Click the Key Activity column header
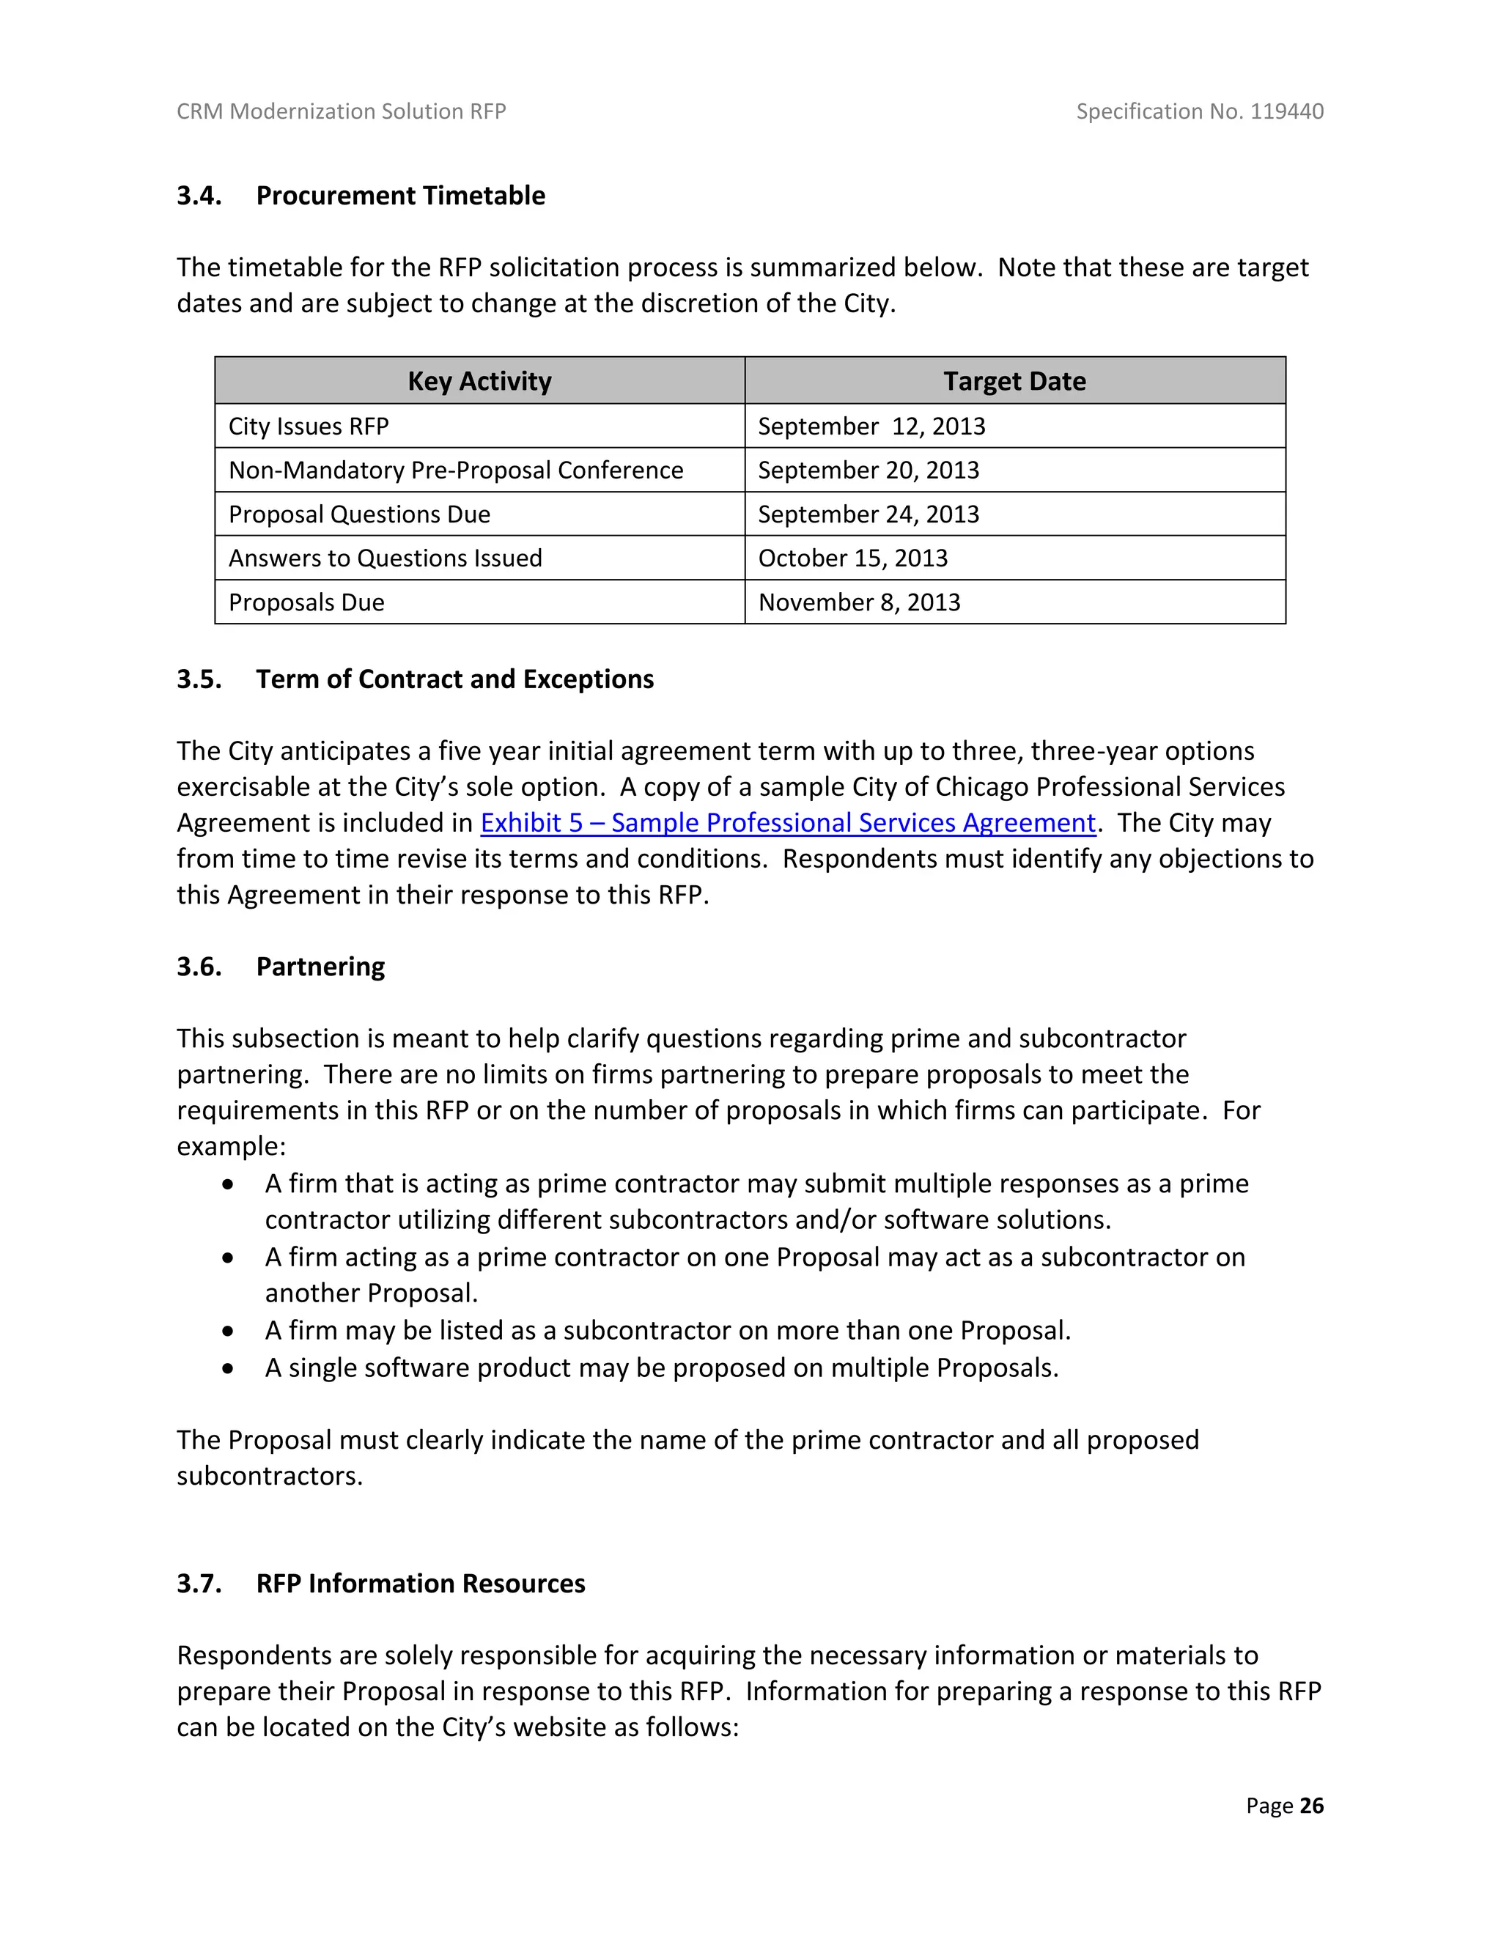tap(479, 380)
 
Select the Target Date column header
tap(1014, 380)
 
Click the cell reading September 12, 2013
tap(871, 426)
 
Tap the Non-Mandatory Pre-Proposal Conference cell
tap(455, 470)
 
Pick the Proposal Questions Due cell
tap(359, 514)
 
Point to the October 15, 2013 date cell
tap(853, 558)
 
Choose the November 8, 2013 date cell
tap(859, 602)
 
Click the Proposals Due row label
tap(307, 602)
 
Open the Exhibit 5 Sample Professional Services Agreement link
tap(788, 822)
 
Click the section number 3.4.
tap(199, 196)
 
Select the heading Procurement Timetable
tap(400, 196)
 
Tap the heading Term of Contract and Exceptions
tap(454, 679)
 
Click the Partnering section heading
tap(320, 967)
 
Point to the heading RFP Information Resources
tap(421, 1584)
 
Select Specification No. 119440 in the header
tap(1200, 111)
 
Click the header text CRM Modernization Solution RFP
tap(342, 111)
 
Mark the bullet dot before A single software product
tap(229, 1368)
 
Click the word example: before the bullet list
tap(231, 1146)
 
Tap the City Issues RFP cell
tap(309, 426)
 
